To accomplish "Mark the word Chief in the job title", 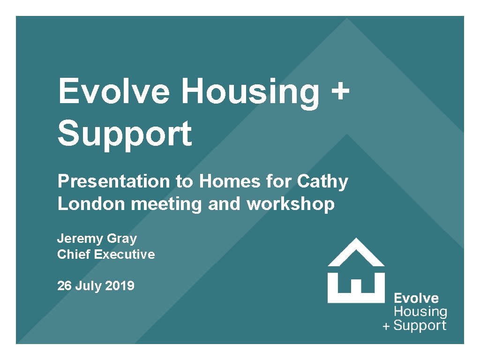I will [x=74, y=255].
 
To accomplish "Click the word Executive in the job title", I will [x=124, y=255].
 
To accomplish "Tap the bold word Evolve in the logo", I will [x=416, y=299].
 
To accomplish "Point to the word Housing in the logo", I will [x=420, y=312].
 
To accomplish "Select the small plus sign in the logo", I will [x=386, y=327].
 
